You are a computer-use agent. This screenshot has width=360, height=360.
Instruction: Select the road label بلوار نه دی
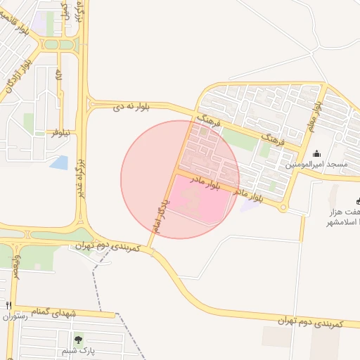point(133,107)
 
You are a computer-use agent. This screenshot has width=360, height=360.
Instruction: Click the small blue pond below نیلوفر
point(60,162)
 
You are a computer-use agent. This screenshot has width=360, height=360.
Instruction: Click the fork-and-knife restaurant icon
point(8,306)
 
